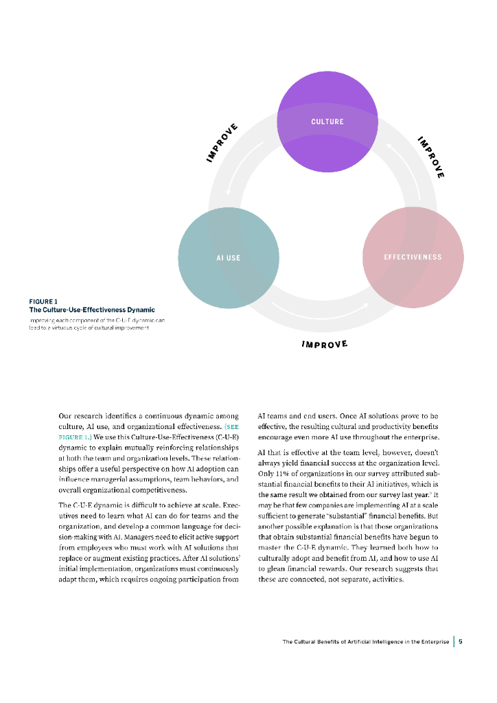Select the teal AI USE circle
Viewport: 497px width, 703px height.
[228, 247]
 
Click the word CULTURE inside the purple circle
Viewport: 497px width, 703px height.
[327, 122]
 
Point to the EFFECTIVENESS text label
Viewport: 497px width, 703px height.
[413, 257]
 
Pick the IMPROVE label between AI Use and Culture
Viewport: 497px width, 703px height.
[222, 143]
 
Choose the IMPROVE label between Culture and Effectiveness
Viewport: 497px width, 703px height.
[431, 157]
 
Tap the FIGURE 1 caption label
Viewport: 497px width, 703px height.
[43, 301]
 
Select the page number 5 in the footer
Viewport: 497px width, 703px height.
[461, 642]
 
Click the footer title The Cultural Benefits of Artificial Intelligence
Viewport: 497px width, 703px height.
[366, 642]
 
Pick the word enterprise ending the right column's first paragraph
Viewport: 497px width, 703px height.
[420, 437]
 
